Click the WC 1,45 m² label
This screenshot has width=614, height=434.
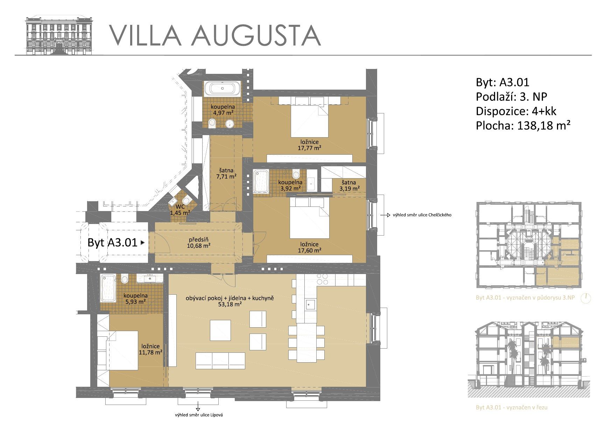coord(180,209)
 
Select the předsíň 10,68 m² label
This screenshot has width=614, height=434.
coord(199,243)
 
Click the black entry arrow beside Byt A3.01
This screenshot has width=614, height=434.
coord(142,242)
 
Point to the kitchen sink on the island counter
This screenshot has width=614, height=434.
coord(310,304)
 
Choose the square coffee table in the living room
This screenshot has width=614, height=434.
coord(220,330)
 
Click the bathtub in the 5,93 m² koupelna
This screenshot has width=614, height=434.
coord(108,288)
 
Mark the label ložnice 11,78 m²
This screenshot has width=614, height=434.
coord(151,349)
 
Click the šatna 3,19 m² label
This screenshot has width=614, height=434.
coord(349,185)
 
